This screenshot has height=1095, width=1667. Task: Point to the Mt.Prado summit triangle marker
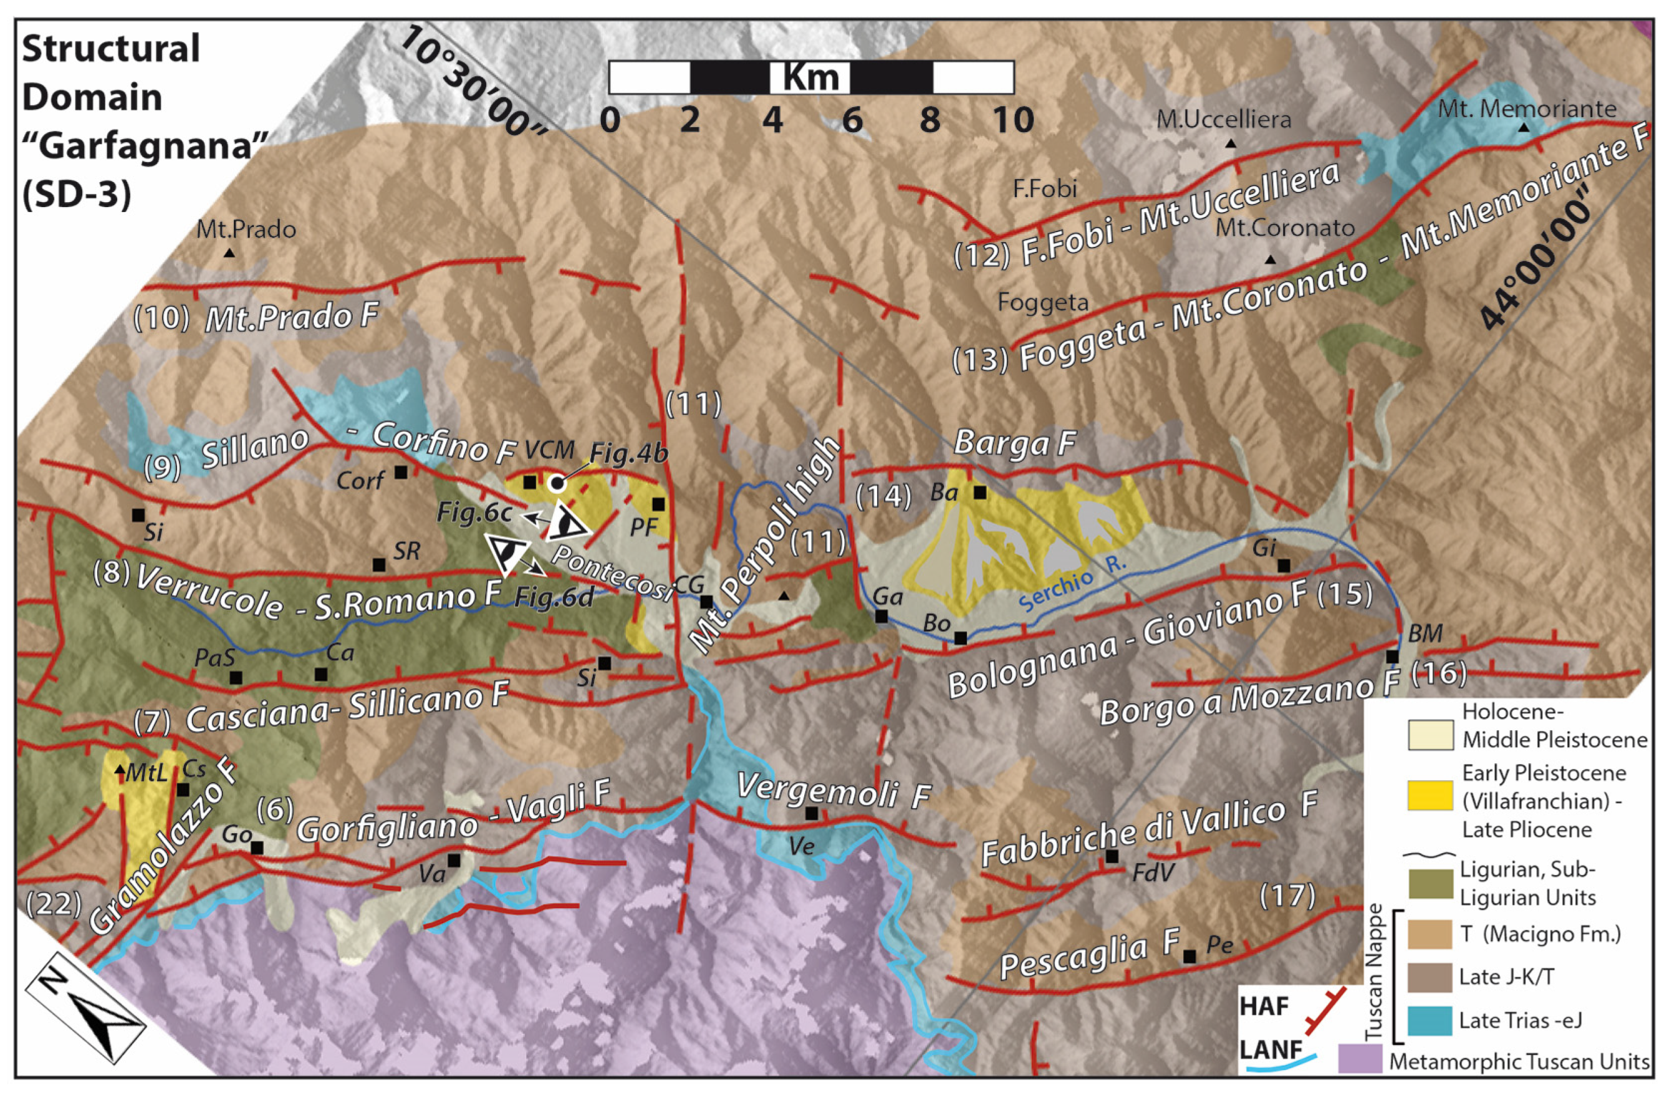coord(229,253)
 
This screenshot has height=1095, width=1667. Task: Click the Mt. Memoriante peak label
coord(1527,109)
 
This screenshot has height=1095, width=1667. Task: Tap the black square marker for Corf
coord(401,472)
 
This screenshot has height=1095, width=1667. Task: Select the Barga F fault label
coord(1014,443)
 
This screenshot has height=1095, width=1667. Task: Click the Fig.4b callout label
coord(628,454)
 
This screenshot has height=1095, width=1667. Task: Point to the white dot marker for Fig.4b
coord(557,483)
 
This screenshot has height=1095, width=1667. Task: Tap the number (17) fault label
coord(1287,895)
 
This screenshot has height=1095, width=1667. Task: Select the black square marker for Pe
coord(1189,955)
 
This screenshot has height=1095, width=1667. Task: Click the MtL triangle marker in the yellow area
coord(120,768)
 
